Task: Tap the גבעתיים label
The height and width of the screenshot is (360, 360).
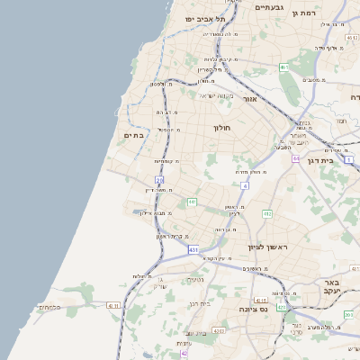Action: tap(270, 7)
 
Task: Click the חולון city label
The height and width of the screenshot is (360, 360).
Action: tap(223, 128)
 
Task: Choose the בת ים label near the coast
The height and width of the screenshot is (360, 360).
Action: tap(134, 135)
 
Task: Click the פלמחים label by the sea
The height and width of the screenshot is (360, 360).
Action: tap(49, 307)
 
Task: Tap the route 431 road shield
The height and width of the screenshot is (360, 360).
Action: tap(193, 248)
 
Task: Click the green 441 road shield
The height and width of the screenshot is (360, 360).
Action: tap(192, 202)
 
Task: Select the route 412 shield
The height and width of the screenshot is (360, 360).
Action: tap(267, 214)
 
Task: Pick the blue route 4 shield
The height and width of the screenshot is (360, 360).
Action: tap(244, 184)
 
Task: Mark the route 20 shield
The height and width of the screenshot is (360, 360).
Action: tap(159, 181)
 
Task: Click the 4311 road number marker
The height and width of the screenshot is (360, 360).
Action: tap(113, 306)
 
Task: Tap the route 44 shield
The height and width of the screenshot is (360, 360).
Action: tap(294, 157)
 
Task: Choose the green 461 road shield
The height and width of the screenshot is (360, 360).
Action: tap(283, 67)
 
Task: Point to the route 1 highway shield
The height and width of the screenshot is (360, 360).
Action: tap(348, 160)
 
